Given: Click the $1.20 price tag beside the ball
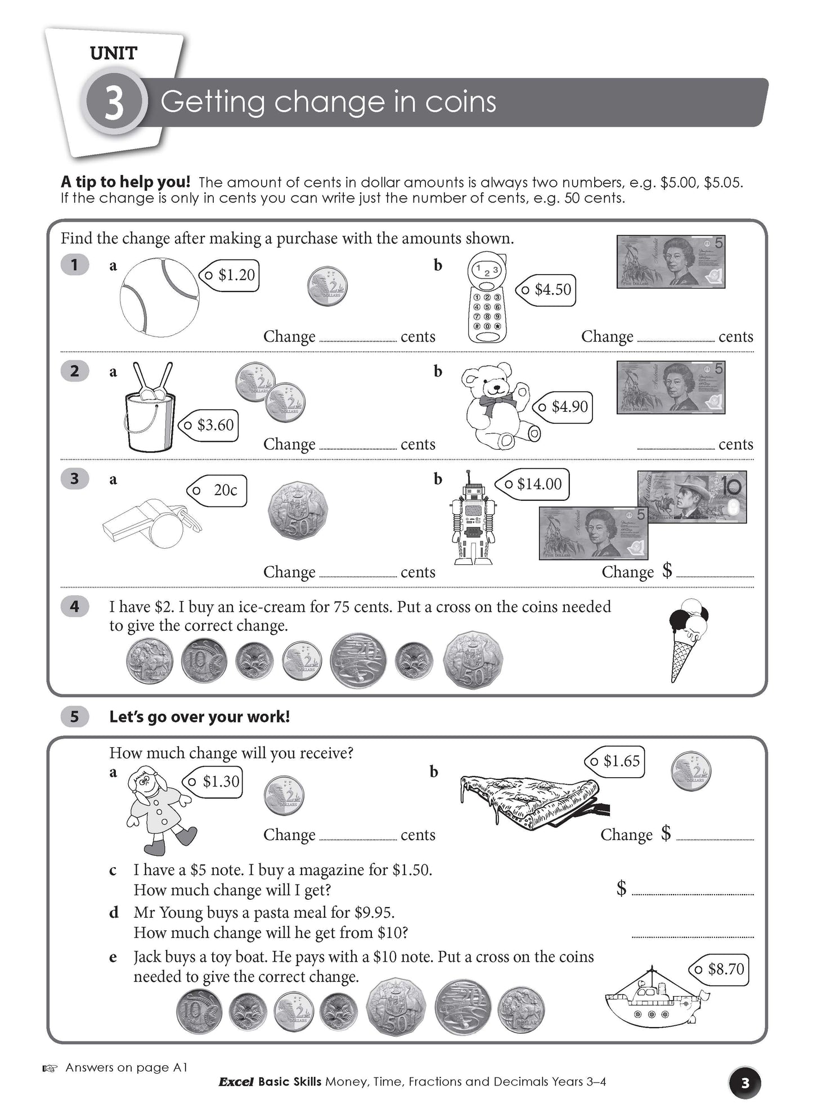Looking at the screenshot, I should (230, 275).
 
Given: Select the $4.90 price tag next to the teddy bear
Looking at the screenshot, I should (563, 406).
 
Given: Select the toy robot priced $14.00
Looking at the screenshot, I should (474, 518).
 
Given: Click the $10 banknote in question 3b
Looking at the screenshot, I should (692, 497).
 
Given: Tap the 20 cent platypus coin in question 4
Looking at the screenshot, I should (358, 660).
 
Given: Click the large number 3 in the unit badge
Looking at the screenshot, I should (114, 105).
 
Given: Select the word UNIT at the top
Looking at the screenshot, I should (114, 54).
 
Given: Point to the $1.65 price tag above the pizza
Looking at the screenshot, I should (615, 761).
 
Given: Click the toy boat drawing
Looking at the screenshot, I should (654, 1000).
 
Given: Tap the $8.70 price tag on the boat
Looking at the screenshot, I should (720, 969).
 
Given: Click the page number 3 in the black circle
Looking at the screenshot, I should (745, 1082).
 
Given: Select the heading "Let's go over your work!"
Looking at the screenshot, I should (199, 717).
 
